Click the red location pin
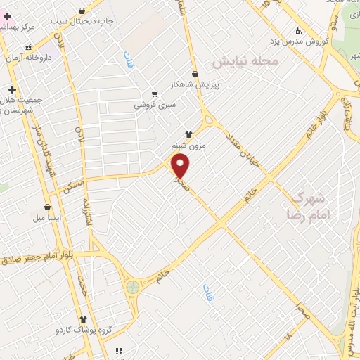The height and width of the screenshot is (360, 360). click(x=181, y=166)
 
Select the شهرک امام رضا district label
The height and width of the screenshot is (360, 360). click(x=309, y=204)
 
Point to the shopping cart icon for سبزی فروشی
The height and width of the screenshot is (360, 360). click(x=155, y=94)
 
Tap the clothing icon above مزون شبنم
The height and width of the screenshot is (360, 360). click(x=188, y=134)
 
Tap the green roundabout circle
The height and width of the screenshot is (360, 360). click(x=132, y=287)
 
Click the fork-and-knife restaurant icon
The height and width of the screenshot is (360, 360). click(x=119, y=350)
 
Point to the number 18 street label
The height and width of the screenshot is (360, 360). click(x=288, y=337)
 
